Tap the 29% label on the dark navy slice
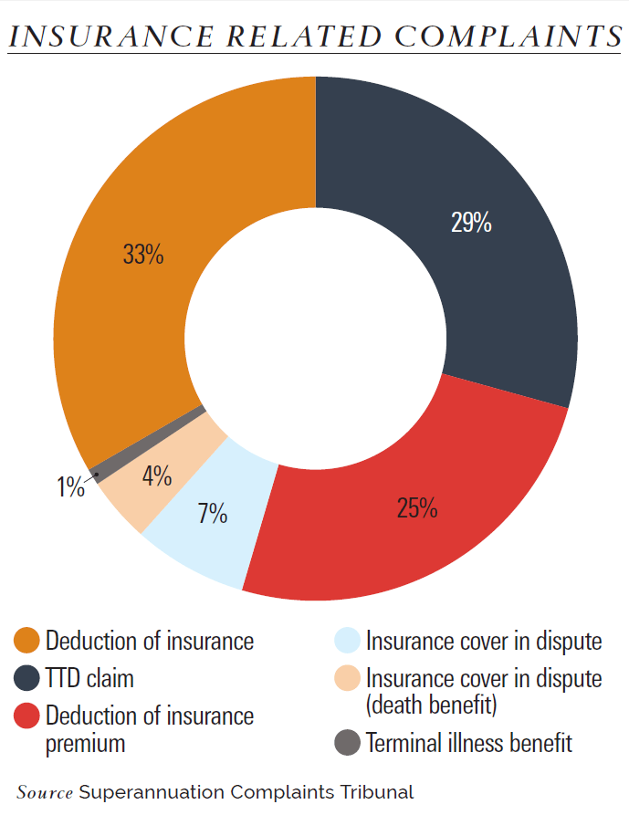point(471,223)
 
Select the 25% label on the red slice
point(417,508)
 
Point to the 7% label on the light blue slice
point(213,514)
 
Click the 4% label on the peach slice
point(157,475)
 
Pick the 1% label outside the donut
point(70,487)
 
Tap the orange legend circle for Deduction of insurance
point(27,641)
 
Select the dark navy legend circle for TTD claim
point(27,679)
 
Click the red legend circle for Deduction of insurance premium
point(27,716)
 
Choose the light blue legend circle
point(348,641)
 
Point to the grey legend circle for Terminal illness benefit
point(348,743)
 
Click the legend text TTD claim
point(89,679)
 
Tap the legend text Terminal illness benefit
point(469,743)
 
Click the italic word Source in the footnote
point(45,791)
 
